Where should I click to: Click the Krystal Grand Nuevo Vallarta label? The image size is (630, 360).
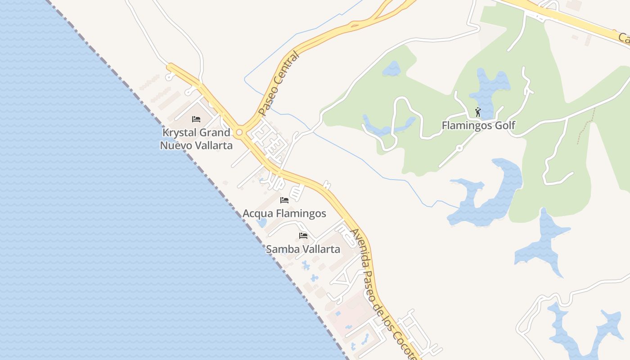point(196,139)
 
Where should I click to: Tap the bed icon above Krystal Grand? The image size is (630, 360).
point(196,119)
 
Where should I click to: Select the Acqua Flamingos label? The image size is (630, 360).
point(284,213)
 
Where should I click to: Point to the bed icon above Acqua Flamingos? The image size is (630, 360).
point(284,200)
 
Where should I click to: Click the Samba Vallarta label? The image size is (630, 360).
point(303,249)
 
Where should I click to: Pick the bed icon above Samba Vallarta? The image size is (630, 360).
point(303,235)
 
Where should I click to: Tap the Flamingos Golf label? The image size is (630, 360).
point(478,126)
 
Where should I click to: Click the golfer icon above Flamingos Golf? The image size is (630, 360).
point(478,112)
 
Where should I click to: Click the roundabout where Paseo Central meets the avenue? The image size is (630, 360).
point(239,132)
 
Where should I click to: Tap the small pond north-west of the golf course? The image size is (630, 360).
point(392,69)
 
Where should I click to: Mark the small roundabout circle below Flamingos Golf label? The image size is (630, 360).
point(459,148)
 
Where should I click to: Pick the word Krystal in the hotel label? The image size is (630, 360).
point(179,133)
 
